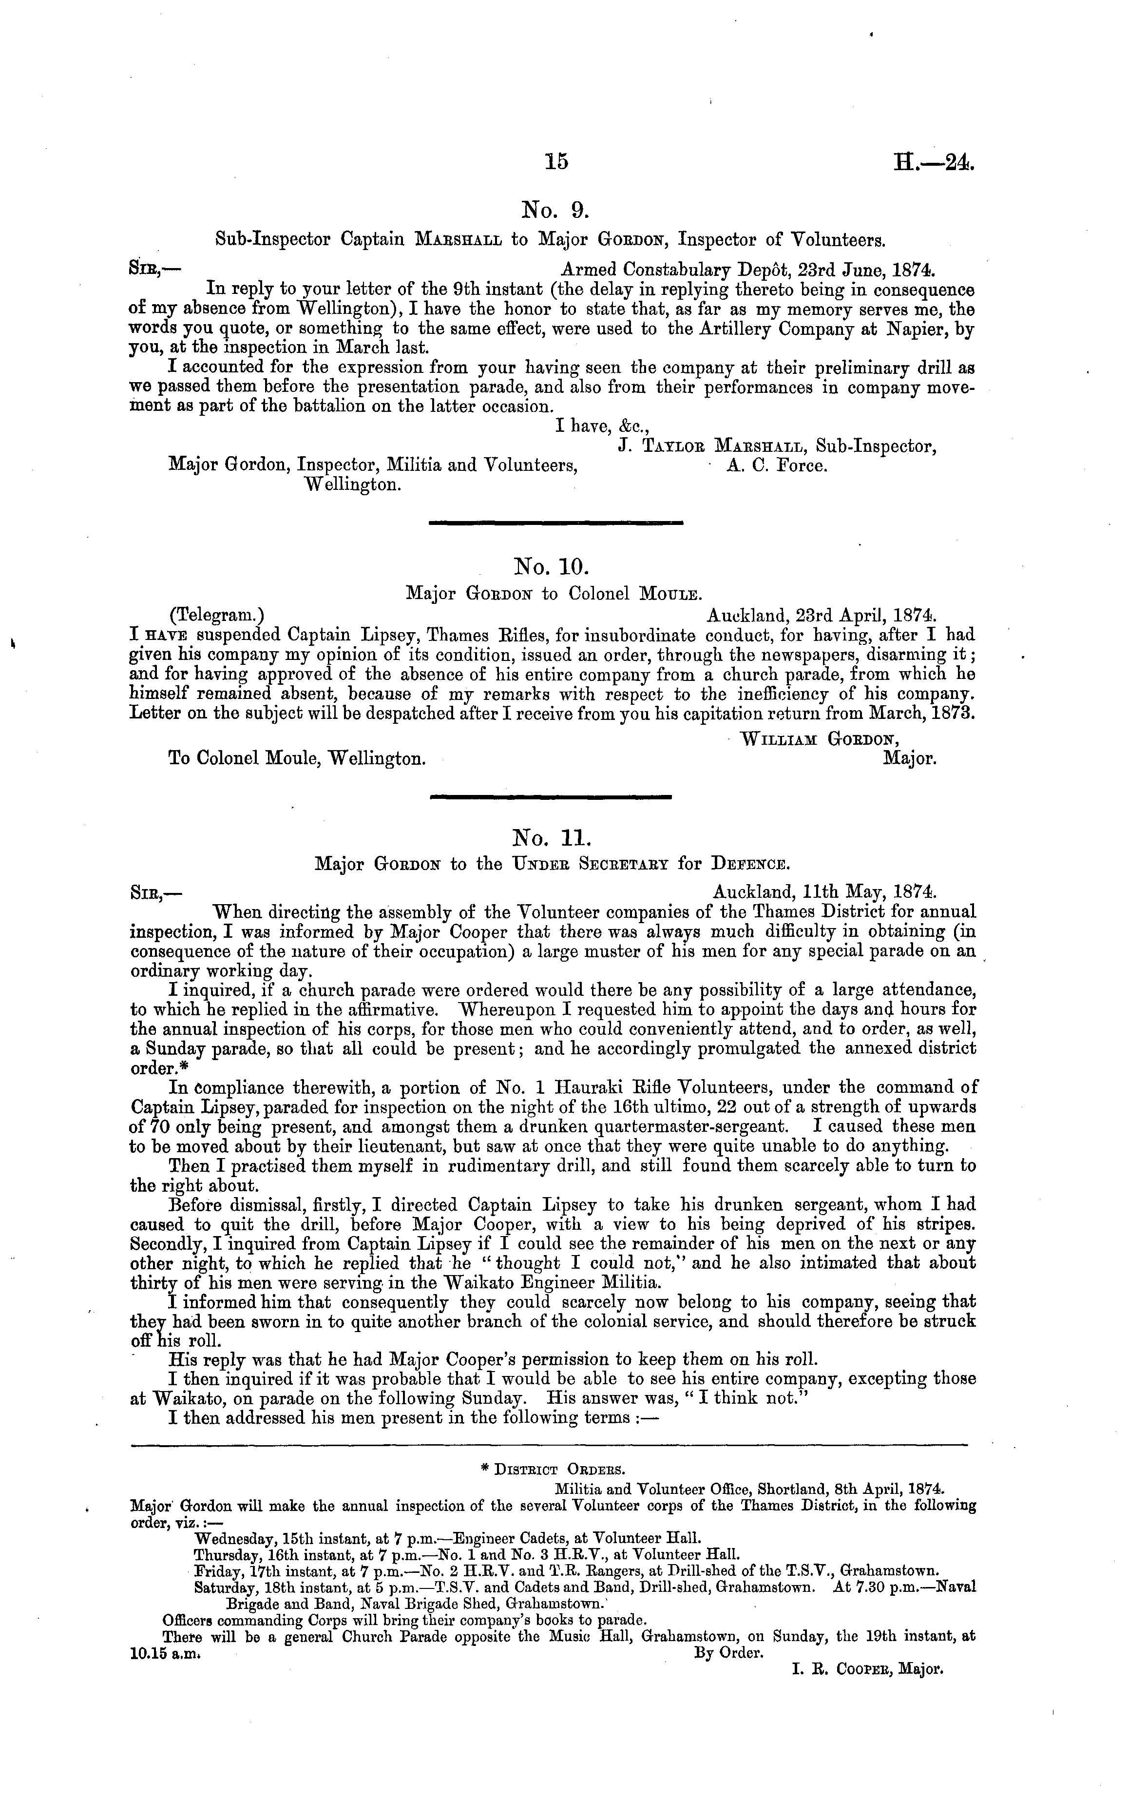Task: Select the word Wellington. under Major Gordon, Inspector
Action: coord(354,485)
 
